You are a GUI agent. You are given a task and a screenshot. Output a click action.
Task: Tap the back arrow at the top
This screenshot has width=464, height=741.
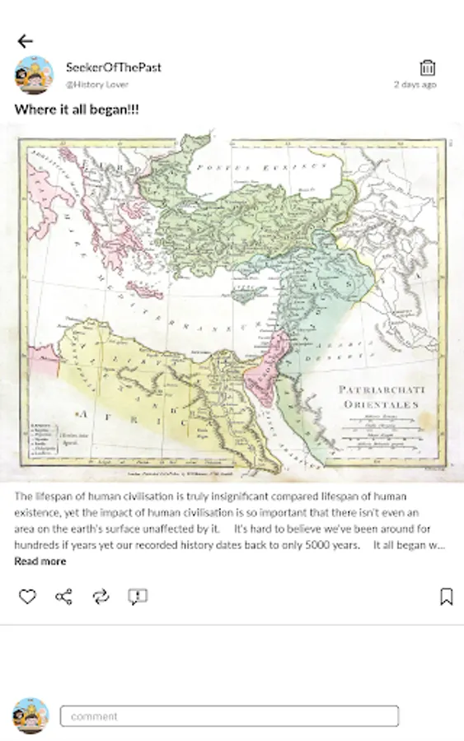(x=25, y=41)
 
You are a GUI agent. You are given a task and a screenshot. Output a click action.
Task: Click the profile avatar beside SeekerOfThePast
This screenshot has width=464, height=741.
(x=34, y=76)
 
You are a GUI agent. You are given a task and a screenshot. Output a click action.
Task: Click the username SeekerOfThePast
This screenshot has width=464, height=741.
(x=113, y=68)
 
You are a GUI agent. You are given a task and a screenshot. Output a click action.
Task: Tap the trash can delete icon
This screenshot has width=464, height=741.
(x=427, y=68)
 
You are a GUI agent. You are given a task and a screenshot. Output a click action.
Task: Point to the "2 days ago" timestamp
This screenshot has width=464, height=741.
(x=415, y=85)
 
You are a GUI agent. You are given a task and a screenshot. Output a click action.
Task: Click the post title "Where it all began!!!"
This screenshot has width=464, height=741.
(x=77, y=110)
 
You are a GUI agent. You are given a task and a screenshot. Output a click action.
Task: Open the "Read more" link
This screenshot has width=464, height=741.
(x=40, y=562)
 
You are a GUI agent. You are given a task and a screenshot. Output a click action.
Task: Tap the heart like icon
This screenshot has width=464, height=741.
(x=27, y=597)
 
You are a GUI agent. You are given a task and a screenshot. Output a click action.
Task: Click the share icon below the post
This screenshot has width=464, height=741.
(x=63, y=597)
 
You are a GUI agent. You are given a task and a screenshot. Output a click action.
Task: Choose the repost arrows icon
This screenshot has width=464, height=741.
(x=101, y=597)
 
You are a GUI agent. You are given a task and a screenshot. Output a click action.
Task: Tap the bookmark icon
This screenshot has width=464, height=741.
(x=446, y=597)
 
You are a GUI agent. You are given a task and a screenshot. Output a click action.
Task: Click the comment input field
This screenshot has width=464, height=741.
(x=229, y=716)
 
